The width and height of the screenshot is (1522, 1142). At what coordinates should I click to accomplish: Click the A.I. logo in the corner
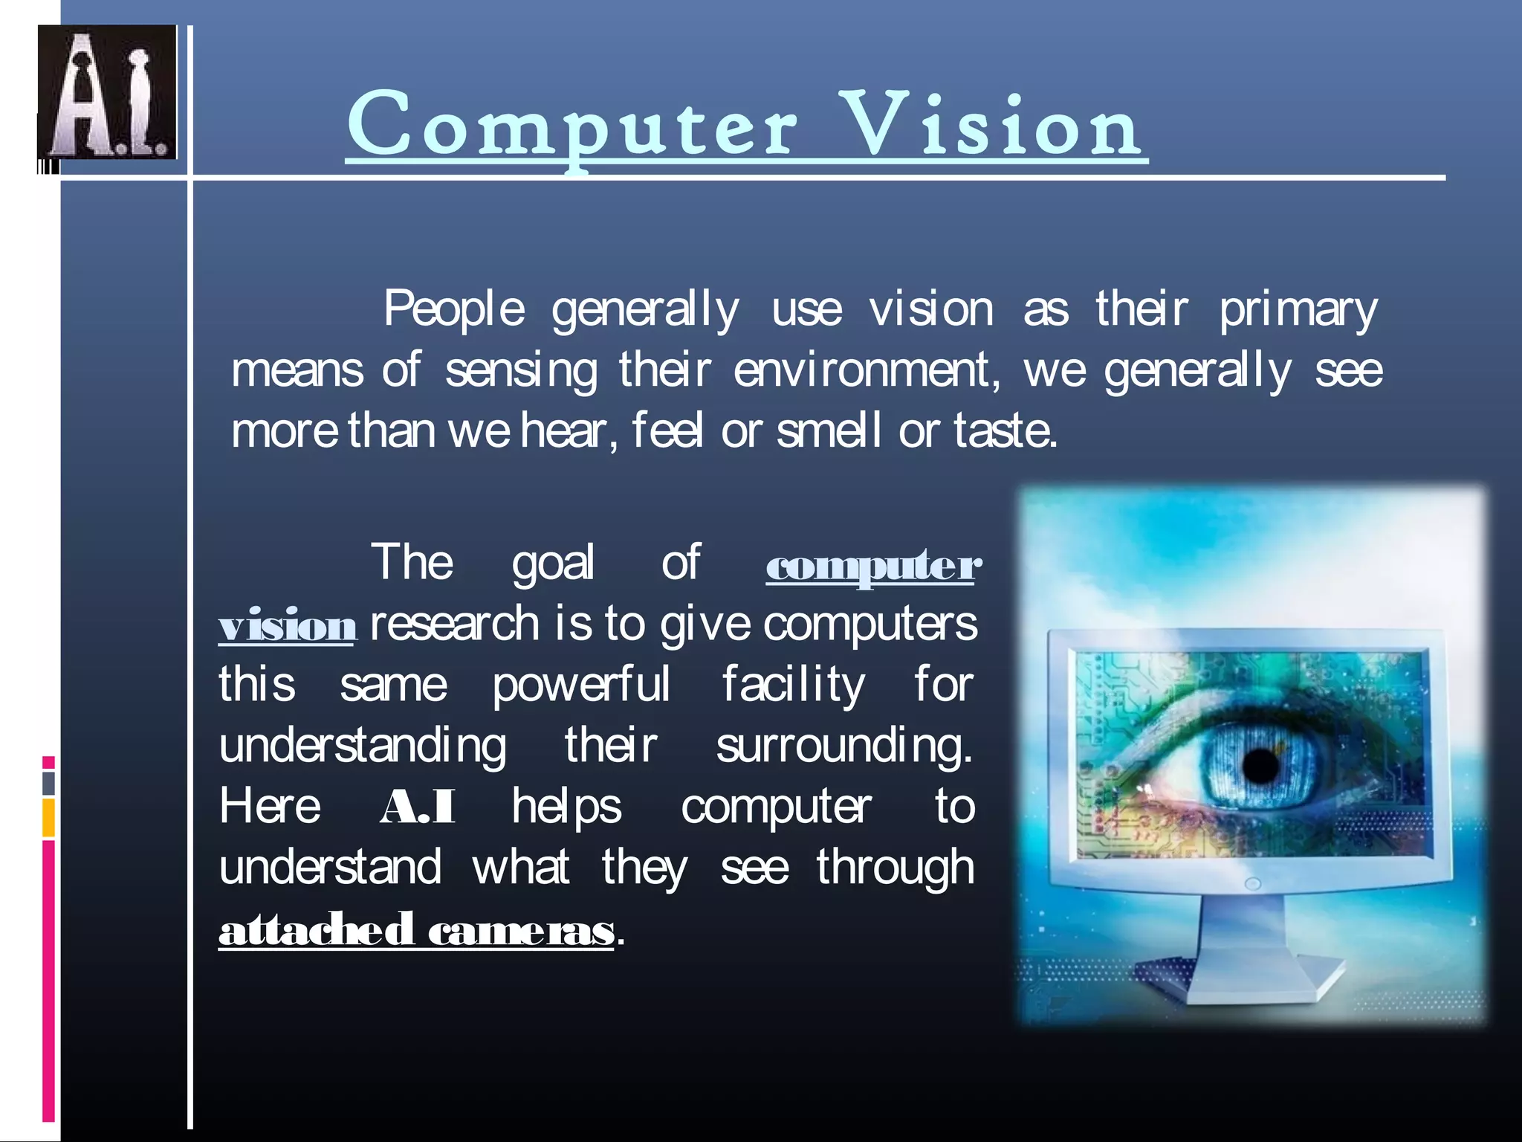coord(107,92)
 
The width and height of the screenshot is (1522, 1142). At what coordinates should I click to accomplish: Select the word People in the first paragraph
coord(454,309)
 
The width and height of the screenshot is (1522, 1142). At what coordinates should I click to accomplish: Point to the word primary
coord(1298,311)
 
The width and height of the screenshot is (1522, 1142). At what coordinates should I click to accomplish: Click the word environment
coord(867,370)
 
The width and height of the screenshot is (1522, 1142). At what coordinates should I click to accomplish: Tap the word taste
coord(1004,431)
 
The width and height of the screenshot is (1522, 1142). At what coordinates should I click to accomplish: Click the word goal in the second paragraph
coord(553,564)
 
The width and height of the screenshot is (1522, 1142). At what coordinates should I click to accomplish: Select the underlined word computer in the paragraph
coord(873,567)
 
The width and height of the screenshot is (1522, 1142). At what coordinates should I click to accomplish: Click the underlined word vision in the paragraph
coord(288,626)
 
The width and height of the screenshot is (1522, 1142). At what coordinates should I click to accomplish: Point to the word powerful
coord(581,685)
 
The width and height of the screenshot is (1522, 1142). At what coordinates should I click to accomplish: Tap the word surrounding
coord(844,746)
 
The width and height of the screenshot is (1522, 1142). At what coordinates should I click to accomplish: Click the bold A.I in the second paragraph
coord(418,807)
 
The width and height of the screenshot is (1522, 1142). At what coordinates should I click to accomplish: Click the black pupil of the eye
coord(1260,766)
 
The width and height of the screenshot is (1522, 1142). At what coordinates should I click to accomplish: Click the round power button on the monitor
coord(1252,884)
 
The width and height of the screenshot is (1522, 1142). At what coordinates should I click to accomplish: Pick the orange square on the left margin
coord(48,818)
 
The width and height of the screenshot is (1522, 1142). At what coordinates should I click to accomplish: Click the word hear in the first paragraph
coord(564,431)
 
